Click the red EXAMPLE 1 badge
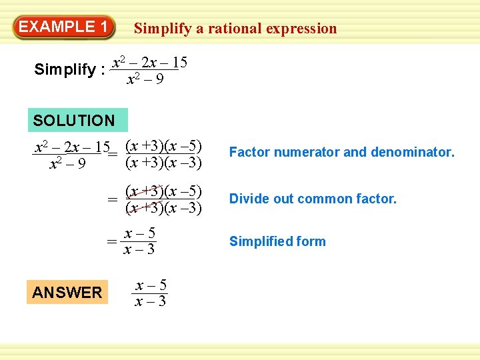[63, 27]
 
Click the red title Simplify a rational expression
[235, 29]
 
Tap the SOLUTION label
[74, 121]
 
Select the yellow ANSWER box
[67, 292]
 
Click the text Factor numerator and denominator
[341, 153]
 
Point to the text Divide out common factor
[313, 199]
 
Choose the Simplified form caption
[277, 241]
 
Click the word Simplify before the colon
[64, 69]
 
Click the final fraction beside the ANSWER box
[150, 293]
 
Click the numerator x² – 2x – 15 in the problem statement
[149, 63]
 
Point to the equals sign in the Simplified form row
[113, 241]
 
